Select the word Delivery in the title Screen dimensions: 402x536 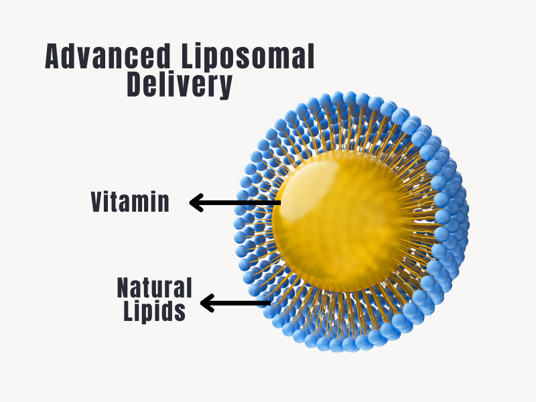pos(180,86)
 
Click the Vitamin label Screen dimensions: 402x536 pos(131,202)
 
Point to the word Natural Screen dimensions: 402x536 pos(155,287)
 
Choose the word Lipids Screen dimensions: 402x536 pos(155,312)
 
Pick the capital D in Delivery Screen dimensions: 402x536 pos(134,86)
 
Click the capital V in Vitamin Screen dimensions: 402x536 pos(98,202)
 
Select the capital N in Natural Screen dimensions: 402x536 pos(125,287)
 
